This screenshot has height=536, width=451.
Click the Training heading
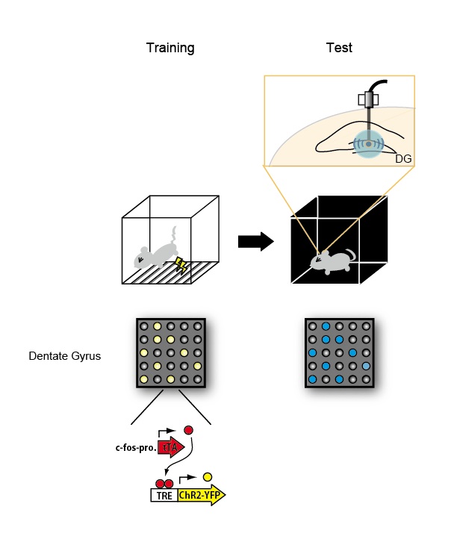tap(169, 49)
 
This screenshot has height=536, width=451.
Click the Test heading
tap(339, 49)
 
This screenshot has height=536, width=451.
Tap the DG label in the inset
tap(403, 158)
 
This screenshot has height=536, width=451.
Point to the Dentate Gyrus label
tap(64, 356)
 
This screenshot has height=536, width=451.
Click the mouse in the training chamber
tap(155, 254)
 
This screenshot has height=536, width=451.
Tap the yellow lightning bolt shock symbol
tap(181, 266)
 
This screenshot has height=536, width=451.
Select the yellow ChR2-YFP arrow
tap(202, 494)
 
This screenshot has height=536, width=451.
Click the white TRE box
tap(164, 494)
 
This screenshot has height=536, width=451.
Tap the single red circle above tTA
tap(189, 430)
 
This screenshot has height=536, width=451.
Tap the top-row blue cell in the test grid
tap(326, 327)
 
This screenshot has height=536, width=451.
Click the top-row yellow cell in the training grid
tap(157, 327)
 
